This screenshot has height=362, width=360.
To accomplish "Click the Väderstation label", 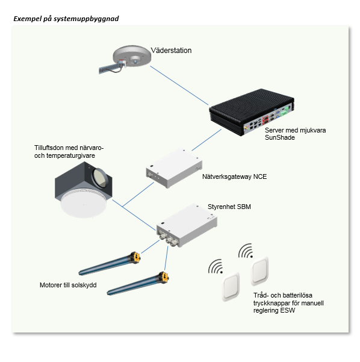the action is pyautogui.click(x=171, y=51).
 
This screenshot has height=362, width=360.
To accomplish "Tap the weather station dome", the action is pyautogui.click(x=131, y=56).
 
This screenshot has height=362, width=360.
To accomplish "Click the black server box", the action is pyautogui.click(x=252, y=112).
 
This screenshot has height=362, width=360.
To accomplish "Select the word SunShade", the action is pyautogui.click(x=280, y=137).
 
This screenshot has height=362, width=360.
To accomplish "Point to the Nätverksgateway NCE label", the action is pyautogui.click(x=234, y=176).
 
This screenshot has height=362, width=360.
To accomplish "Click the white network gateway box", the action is pyautogui.click(x=174, y=168).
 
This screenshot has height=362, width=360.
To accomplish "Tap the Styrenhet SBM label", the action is pyautogui.click(x=229, y=207).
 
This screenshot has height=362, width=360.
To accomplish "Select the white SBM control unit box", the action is pyautogui.click(x=187, y=225).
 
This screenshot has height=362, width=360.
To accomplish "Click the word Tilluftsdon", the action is pyautogui.click(x=49, y=148).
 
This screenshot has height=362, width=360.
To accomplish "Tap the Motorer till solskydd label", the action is pyautogui.click(x=68, y=285).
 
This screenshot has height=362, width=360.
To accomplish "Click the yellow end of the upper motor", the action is pyautogui.click(x=135, y=257).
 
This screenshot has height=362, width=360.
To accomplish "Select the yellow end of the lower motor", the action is pyautogui.click(x=164, y=277).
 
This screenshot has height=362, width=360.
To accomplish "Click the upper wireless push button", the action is pyautogui.click(x=260, y=271).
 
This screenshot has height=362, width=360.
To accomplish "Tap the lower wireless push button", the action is pyautogui.click(x=231, y=286).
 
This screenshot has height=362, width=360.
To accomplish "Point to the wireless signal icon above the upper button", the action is pyautogui.click(x=246, y=251).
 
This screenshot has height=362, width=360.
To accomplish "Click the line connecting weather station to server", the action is pyautogui.click(x=179, y=86).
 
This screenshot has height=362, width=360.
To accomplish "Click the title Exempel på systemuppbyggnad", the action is pyautogui.click(x=66, y=19).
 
